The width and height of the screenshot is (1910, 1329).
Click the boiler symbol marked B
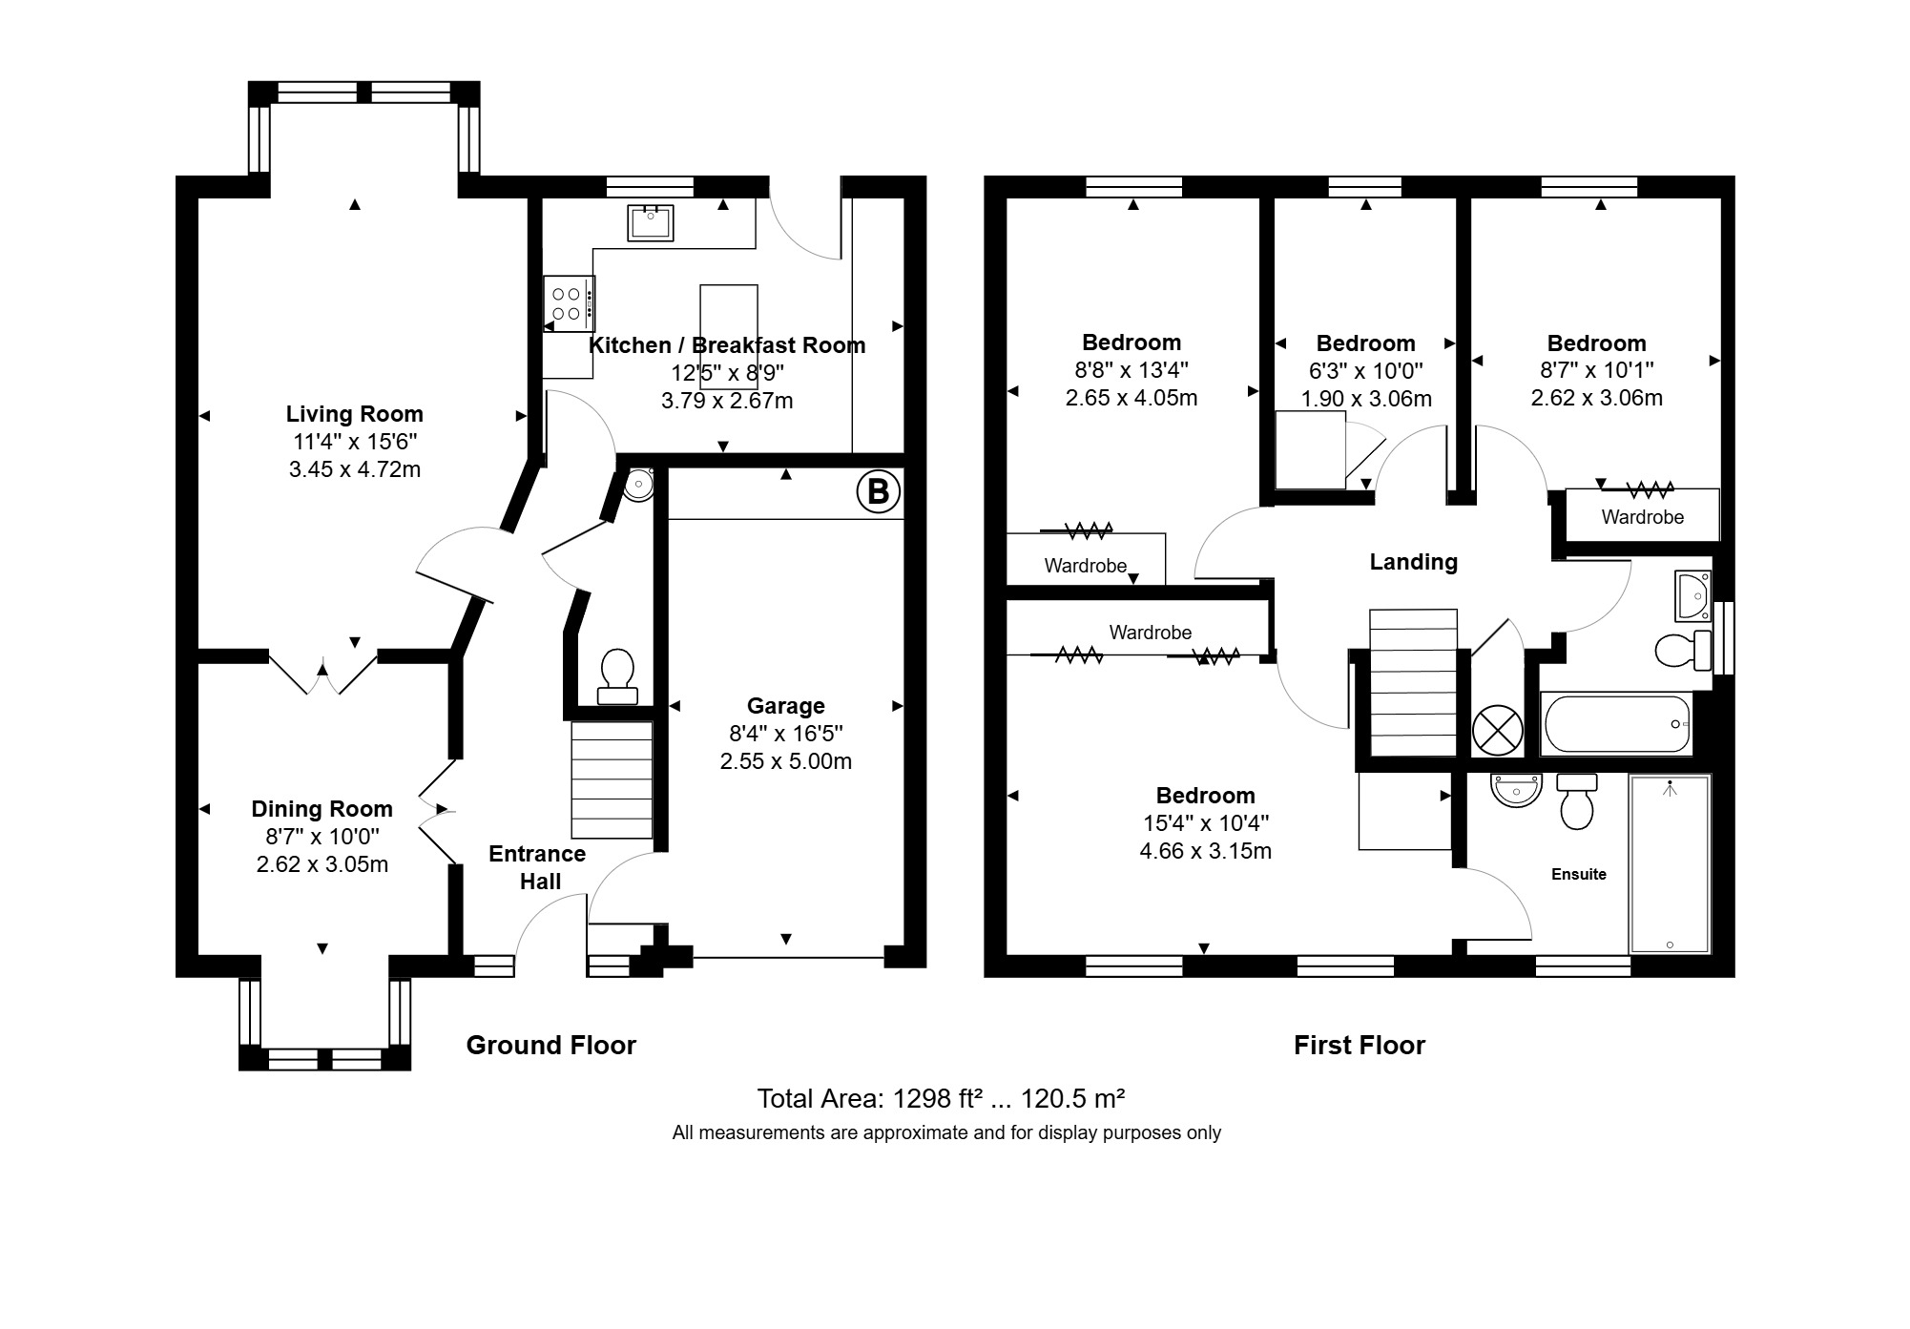point(878,492)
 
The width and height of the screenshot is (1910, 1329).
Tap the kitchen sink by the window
point(651,223)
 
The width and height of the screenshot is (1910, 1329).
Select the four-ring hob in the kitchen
point(569,303)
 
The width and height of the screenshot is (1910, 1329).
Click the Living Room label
point(354,414)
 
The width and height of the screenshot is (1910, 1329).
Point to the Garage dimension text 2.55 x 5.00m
point(785,761)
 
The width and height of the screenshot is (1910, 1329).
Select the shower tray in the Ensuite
point(1670,864)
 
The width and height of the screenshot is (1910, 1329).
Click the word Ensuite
point(1578,874)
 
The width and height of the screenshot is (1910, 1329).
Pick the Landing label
point(1413,562)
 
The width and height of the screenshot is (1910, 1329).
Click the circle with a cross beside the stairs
point(1497,731)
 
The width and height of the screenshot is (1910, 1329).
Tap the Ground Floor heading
point(550,1046)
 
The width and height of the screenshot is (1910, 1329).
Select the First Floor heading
point(1359,1046)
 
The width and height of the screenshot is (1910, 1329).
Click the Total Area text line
point(941,1099)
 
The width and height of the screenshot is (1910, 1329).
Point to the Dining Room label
point(322,809)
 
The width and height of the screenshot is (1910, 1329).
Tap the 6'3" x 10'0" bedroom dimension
point(1365,370)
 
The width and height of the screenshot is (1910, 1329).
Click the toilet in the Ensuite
point(1576,801)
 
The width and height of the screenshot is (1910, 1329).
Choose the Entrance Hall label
point(537,867)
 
